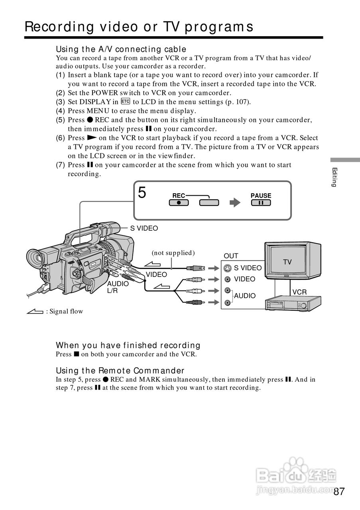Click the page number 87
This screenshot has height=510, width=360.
click(339, 491)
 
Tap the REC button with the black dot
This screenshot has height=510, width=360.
click(179, 203)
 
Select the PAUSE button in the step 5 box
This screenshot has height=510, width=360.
click(261, 203)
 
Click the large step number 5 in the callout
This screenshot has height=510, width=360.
click(142, 192)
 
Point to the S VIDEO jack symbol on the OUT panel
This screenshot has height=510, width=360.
click(227, 269)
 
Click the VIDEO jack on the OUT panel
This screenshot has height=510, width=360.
click(227, 279)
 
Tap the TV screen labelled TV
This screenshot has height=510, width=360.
click(287, 259)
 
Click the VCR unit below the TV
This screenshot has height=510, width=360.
click(293, 303)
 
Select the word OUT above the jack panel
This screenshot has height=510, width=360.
click(231, 256)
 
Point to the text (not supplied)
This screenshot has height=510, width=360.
click(173, 253)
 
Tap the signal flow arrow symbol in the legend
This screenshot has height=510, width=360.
click(35, 311)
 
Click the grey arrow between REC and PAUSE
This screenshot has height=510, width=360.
click(235, 202)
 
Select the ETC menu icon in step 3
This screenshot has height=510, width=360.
click(126, 101)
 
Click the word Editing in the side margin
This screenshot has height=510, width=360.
click(334, 177)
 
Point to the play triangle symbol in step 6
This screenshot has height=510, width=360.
click(92, 137)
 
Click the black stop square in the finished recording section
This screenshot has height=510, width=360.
click(76, 354)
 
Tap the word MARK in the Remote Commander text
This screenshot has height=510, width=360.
click(150, 379)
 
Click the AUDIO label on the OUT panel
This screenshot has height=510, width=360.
click(245, 296)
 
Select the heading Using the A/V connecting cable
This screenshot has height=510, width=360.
click(121, 49)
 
